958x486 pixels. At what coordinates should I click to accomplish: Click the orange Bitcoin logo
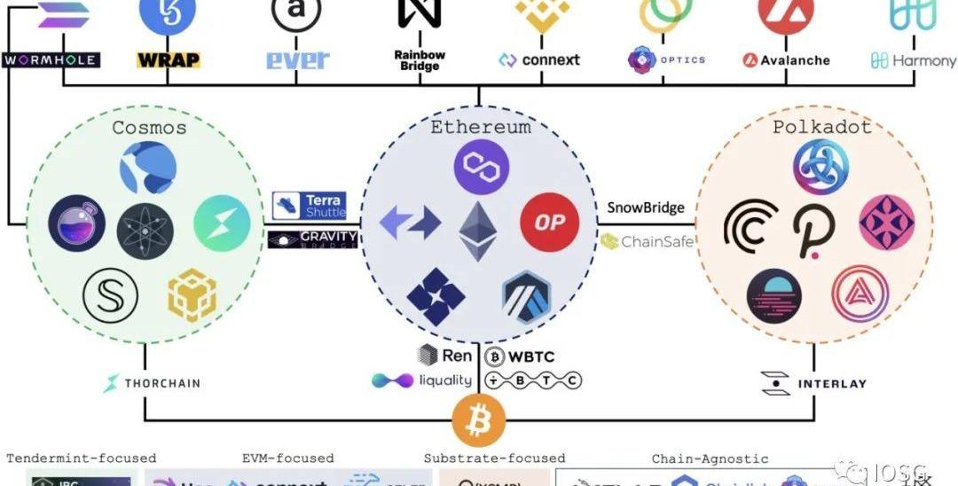pyautogui.click(x=479, y=419)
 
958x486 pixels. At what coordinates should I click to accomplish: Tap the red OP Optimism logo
pyautogui.click(x=549, y=223)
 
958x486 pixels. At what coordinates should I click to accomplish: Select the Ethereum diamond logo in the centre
pyautogui.click(x=479, y=230)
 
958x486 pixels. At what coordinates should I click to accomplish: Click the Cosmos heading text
pyautogui.click(x=149, y=128)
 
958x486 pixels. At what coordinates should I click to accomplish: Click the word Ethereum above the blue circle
pyautogui.click(x=480, y=127)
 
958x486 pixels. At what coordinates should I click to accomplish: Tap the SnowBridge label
pyautogui.click(x=646, y=208)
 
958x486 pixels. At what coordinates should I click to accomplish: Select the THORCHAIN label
pyautogui.click(x=152, y=383)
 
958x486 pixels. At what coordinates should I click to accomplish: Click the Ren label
pyautogui.click(x=445, y=355)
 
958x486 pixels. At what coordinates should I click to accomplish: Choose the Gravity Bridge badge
pyautogui.click(x=312, y=239)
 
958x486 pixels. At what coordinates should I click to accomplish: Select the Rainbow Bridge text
pyautogui.click(x=419, y=60)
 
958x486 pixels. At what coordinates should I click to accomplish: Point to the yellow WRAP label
pyautogui.click(x=169, y=60)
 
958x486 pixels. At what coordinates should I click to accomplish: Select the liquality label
pyautogui.click(x=421, y=380)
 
